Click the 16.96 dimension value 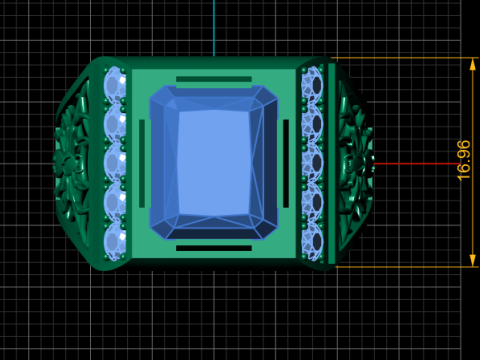(464, 161)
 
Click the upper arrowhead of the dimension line (473, 64)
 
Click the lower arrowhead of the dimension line (473, 260)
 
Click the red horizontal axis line (417, 164)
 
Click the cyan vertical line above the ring (214, 28)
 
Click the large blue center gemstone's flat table (214, 163)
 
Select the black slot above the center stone (214, 79)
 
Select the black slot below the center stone (214, 248)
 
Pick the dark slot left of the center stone (142, 163)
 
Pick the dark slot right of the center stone (286, 163)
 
